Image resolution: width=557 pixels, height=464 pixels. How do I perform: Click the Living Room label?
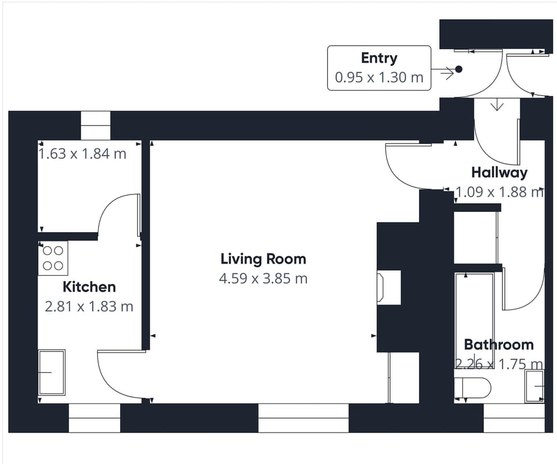pyautogui.click(x=263, y=259)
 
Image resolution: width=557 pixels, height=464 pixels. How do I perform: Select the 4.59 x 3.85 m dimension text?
pyautogui.click(x=263, y=279)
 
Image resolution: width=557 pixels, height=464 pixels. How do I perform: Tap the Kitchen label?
pyautogui.click(x=89, y=287)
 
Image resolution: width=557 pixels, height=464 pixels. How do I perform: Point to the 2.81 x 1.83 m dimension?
pyautogui.click(x=89, y=306)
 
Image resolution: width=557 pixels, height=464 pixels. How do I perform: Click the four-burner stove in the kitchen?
pyautogui.click(x=53, y=258)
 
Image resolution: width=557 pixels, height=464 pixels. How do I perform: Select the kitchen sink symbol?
pyautogui.click(x=52, y=372)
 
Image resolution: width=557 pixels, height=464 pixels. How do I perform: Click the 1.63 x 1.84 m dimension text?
pyautogui.click(x=82, y=154)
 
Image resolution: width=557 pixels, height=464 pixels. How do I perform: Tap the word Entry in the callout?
pyautogui.click(x=379, y=58)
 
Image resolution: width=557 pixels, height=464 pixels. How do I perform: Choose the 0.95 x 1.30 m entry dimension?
pyautogui.click(x=379, y=77)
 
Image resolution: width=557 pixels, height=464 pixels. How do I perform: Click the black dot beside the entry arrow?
pyautogui.click(x=458, y=69)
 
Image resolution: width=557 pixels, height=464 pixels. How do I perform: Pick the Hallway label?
pyautogui.click(x=499, y=172)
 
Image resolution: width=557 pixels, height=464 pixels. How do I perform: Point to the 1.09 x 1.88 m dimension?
pyautogui.click(x=499, y=192)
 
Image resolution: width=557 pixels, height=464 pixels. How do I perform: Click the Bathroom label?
pyautogui.click(x=498, y=345)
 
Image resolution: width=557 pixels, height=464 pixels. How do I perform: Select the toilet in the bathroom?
pyautogui.click(x=472, y=387)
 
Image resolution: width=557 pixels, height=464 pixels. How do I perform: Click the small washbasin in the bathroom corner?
pyautogui.click(x=534, y=386)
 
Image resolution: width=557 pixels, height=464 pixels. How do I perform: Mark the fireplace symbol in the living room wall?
pyautogui.click(x=388, y=287)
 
